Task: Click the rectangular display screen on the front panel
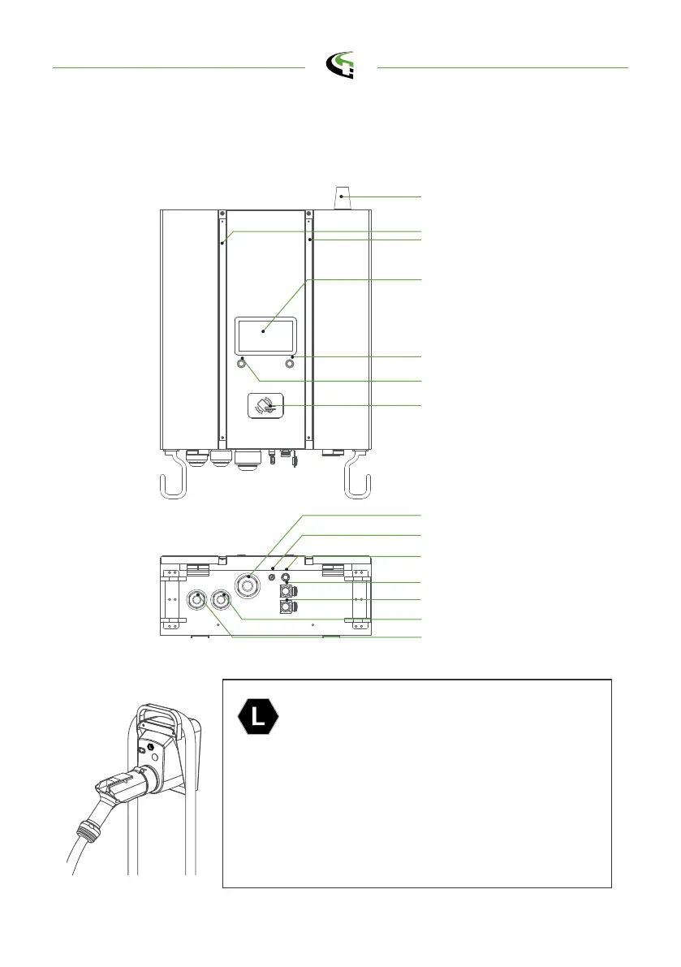pyautogui.click(x=265, y=333)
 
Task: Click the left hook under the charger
pyautogui.click(x=175, y=480)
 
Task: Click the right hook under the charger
pyautogui.click(x=358, y=480)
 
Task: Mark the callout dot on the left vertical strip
pyautogui.click(x=222, y=241)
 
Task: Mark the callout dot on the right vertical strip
pyautogui.click(x=310, y=240)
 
